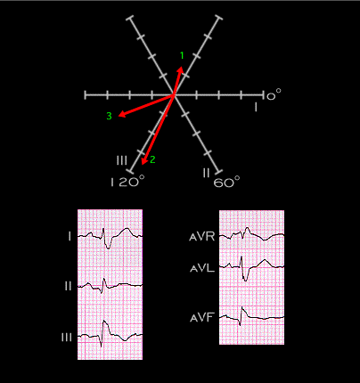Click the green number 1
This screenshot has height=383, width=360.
182,55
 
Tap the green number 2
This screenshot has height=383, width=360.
152,159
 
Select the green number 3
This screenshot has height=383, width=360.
109,116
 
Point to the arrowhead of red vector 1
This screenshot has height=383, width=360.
181,69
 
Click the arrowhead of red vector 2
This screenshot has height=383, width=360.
144,161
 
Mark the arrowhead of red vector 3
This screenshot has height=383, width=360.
121,115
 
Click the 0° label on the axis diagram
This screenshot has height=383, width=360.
274,95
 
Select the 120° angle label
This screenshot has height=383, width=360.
127,182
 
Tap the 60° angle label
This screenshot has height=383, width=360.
226,182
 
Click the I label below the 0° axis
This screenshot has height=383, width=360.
256,107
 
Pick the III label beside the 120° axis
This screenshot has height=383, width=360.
122,160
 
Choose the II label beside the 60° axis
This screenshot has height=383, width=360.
206,173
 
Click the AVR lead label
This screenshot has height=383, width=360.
202,237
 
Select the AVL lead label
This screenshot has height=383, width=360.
202,269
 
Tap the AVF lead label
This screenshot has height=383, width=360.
202,318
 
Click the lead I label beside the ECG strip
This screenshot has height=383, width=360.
70,237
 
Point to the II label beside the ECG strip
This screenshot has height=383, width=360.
69,286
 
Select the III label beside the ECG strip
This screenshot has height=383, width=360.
67,338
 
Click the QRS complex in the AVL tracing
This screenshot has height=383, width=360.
243,269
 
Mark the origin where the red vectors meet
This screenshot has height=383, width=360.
174,95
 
